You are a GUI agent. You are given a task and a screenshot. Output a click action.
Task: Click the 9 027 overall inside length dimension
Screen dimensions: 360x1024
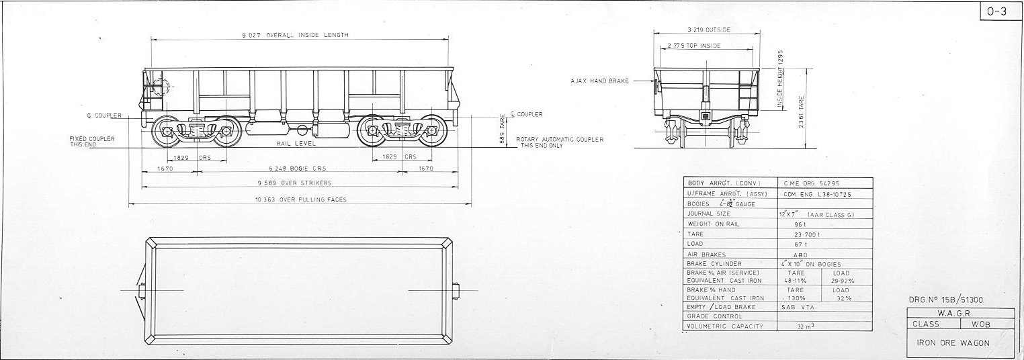[296, 35]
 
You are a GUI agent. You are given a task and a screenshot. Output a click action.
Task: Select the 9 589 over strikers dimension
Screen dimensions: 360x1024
[294, 183]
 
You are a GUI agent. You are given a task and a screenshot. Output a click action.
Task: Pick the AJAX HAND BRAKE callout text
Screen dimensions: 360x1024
[600, 81]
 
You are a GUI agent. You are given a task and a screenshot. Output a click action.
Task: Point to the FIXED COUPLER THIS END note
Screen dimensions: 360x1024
[92, 141]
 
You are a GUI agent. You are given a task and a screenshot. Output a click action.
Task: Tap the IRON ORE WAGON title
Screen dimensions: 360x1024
[953, 343]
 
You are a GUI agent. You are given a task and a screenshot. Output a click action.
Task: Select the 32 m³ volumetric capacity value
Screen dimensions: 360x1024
[806, 326]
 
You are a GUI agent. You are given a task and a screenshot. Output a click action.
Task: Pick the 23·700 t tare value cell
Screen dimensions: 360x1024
[806, 234]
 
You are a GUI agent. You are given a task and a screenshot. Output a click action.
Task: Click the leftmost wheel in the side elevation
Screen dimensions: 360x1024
[165, 132]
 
